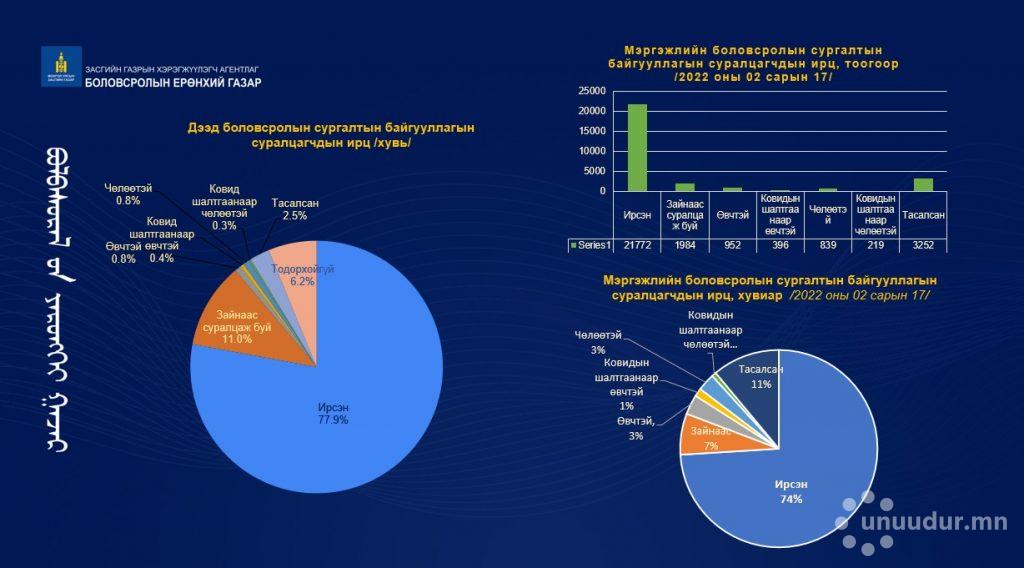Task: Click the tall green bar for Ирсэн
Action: (637, 147)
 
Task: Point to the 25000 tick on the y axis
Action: (591, 91)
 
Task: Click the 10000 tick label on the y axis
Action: (591, 151)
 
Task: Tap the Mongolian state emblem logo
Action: (59, 66)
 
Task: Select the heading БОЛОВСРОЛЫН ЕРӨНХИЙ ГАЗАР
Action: (174, 83)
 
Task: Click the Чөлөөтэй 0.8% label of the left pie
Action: (128, 193)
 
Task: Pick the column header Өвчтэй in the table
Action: (731, 215)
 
